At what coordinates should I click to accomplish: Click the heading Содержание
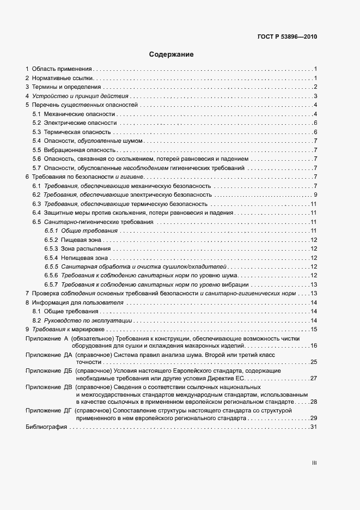172,54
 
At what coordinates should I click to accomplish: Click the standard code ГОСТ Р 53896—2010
287,38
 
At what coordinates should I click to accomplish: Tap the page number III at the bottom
314,463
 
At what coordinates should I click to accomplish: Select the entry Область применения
62,69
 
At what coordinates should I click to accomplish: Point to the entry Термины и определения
66,87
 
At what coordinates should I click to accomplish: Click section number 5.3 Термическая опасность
36,132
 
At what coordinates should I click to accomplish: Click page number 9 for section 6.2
315,195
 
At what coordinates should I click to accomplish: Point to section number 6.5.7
51,284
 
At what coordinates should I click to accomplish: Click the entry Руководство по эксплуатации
88,320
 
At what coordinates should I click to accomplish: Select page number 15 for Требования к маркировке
314,329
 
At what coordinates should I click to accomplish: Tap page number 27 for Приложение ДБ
314,378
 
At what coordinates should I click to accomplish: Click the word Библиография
46,427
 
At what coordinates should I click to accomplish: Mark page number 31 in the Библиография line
314,427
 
